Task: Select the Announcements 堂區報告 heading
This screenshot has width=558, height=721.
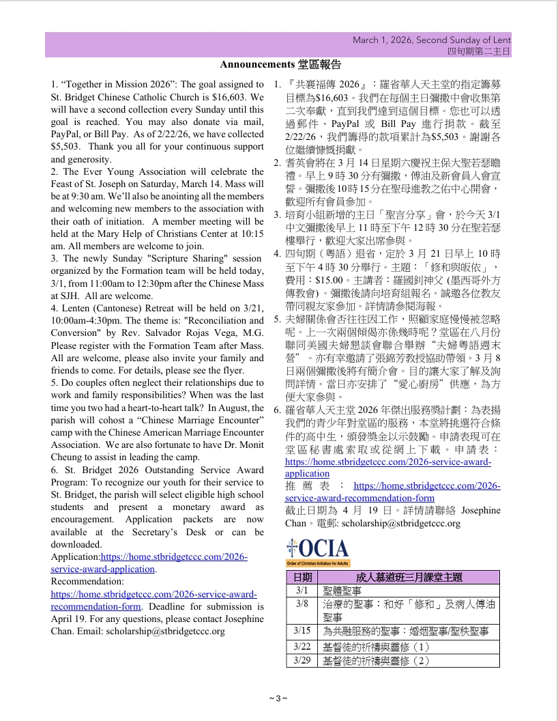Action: point(280,65)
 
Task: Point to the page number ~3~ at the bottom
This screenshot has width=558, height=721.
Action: point(278,698)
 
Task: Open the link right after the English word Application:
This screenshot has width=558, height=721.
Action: point(174,557)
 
